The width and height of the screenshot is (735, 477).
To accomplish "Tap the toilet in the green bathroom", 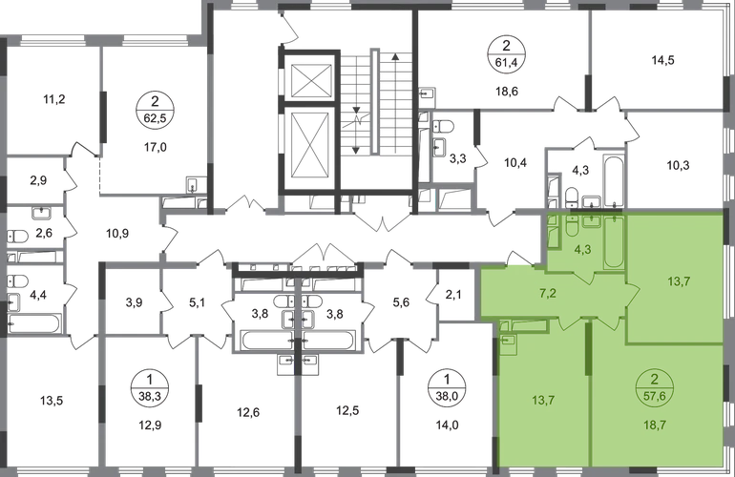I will [x=567, y=229].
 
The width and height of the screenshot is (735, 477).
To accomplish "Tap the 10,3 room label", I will [x=679, y=163].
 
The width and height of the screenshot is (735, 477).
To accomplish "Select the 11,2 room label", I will [x=55, y=97].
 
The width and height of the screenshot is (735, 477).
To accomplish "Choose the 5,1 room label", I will [x=198, y=305].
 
